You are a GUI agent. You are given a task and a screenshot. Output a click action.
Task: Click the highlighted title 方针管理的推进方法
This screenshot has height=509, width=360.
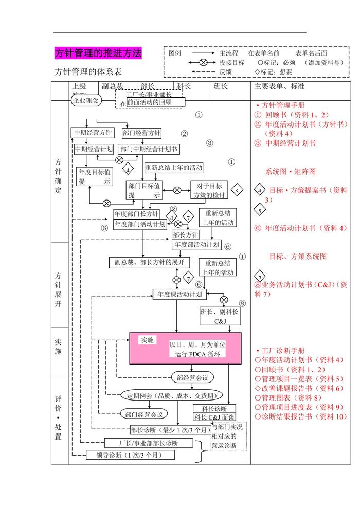click(x=98, y=53)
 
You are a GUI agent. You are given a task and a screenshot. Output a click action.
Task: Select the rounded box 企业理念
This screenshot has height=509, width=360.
click(x=86, y=101)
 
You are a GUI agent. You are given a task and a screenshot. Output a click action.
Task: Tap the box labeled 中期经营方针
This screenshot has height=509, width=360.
click(x=92, y=133)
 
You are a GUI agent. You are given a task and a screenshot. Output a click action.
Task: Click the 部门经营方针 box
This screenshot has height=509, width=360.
click(x=141, y=133)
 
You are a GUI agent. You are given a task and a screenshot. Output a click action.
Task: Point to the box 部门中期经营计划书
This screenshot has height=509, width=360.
click(x=149, y=149)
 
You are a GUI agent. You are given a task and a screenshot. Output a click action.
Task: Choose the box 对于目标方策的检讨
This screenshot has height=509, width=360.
click(x=208, y=190)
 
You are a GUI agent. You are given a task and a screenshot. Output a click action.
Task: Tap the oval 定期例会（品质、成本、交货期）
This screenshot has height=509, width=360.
click(x=171, y=395)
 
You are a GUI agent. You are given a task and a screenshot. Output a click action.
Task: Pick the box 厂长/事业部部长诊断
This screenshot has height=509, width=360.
click(x=149, y=443)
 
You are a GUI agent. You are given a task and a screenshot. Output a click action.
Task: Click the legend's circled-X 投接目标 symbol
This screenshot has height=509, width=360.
click(x=203, y=62)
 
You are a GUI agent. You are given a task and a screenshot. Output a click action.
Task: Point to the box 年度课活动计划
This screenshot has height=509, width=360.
click(x=179, y=294)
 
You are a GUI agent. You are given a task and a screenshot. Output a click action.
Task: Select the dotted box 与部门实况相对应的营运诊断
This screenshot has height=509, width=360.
click(x=228, y=437)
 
